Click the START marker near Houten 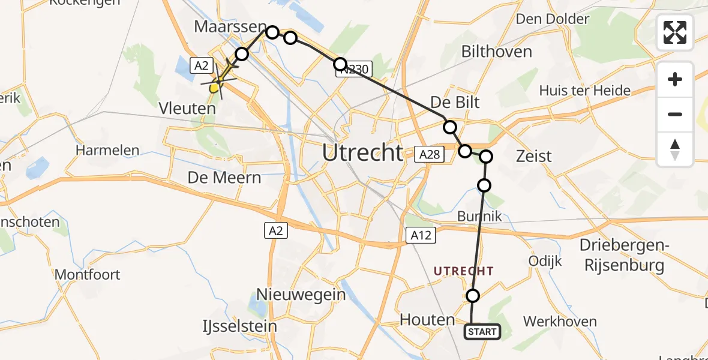click(x=482, y=332)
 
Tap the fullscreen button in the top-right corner click(x=675, y=32)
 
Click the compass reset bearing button click(x=675, y=149)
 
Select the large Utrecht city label click(x=362, y=153)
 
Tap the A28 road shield click(x=430, y=155)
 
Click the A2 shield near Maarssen click(x=200, y=66)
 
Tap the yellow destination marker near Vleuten click(x=215, y=88)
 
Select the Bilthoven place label click(x=496, y=52)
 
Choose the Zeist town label click(x=533, y=156)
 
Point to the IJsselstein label click(x=240, y=326)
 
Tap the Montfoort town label click(x=87, y=275)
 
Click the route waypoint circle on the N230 click(x=340, y=64)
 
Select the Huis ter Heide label click(x=584, y=91)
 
